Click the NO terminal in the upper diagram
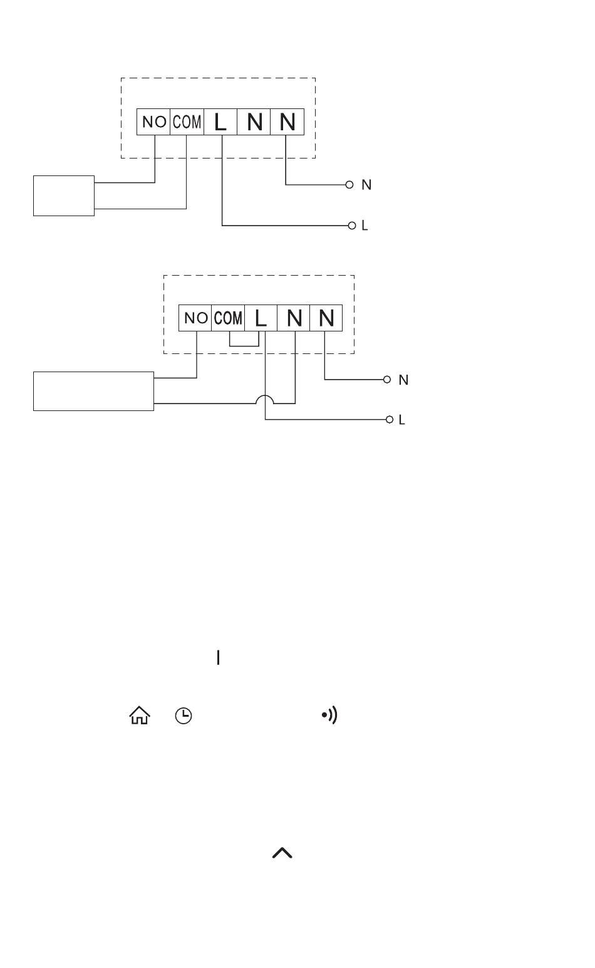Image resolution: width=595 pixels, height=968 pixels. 153,122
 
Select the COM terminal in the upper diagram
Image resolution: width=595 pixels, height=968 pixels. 187,122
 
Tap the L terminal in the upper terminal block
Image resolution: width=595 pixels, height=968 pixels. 220,122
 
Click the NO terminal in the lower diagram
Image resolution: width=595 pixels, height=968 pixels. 195,318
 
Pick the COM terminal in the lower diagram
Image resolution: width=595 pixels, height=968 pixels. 228,318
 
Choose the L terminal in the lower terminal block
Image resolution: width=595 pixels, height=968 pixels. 261,318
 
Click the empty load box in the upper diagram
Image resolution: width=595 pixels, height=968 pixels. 64,195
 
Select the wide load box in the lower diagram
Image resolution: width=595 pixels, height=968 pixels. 94,391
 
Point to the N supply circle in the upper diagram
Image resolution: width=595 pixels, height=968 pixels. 349,185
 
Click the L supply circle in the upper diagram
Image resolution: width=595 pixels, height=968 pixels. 352,226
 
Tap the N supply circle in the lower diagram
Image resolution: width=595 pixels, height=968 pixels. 387,380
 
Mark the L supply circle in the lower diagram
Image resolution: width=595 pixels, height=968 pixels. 390,420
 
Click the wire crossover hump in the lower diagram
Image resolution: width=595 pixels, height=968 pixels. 265,396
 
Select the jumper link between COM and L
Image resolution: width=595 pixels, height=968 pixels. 244,346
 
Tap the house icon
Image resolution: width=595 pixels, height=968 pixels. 140,716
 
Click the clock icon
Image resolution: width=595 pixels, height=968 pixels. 184,716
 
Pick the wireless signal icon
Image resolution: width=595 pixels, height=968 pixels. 329,716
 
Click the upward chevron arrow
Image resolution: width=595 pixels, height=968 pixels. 282,853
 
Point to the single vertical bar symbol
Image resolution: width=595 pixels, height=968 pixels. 218,657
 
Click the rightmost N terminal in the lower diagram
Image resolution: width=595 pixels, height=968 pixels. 326,318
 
